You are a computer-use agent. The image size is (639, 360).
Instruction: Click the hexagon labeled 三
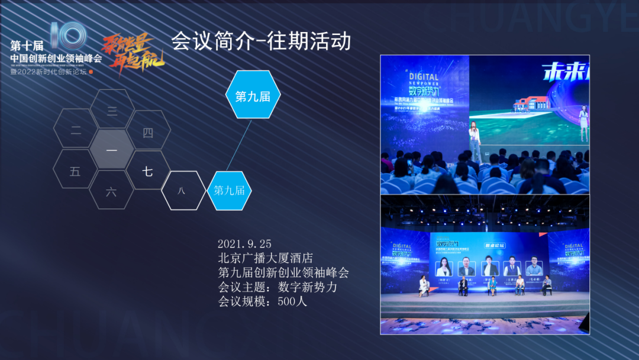(112, 110)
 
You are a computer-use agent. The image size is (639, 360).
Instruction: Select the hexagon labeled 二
(76, 131)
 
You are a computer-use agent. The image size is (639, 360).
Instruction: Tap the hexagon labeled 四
(148, 132)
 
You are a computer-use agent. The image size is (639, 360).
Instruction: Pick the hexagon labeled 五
(75, 172)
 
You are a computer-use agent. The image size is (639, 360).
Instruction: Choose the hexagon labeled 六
(111, 191)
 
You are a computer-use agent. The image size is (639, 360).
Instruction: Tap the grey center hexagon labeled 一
(112, 150)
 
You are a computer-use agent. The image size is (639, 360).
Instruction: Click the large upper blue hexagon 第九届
(253, 97)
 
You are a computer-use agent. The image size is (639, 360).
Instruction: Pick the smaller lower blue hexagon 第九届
(230, 190)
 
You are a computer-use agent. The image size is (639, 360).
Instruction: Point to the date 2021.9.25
(244, 244)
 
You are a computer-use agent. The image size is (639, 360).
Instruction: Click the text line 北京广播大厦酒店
(265, 258)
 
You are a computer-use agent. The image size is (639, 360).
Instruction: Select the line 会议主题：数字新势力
(277, 287)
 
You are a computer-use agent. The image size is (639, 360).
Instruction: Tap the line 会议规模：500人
(263, 301)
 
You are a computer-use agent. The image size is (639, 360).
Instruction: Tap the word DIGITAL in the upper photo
(424, 77)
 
